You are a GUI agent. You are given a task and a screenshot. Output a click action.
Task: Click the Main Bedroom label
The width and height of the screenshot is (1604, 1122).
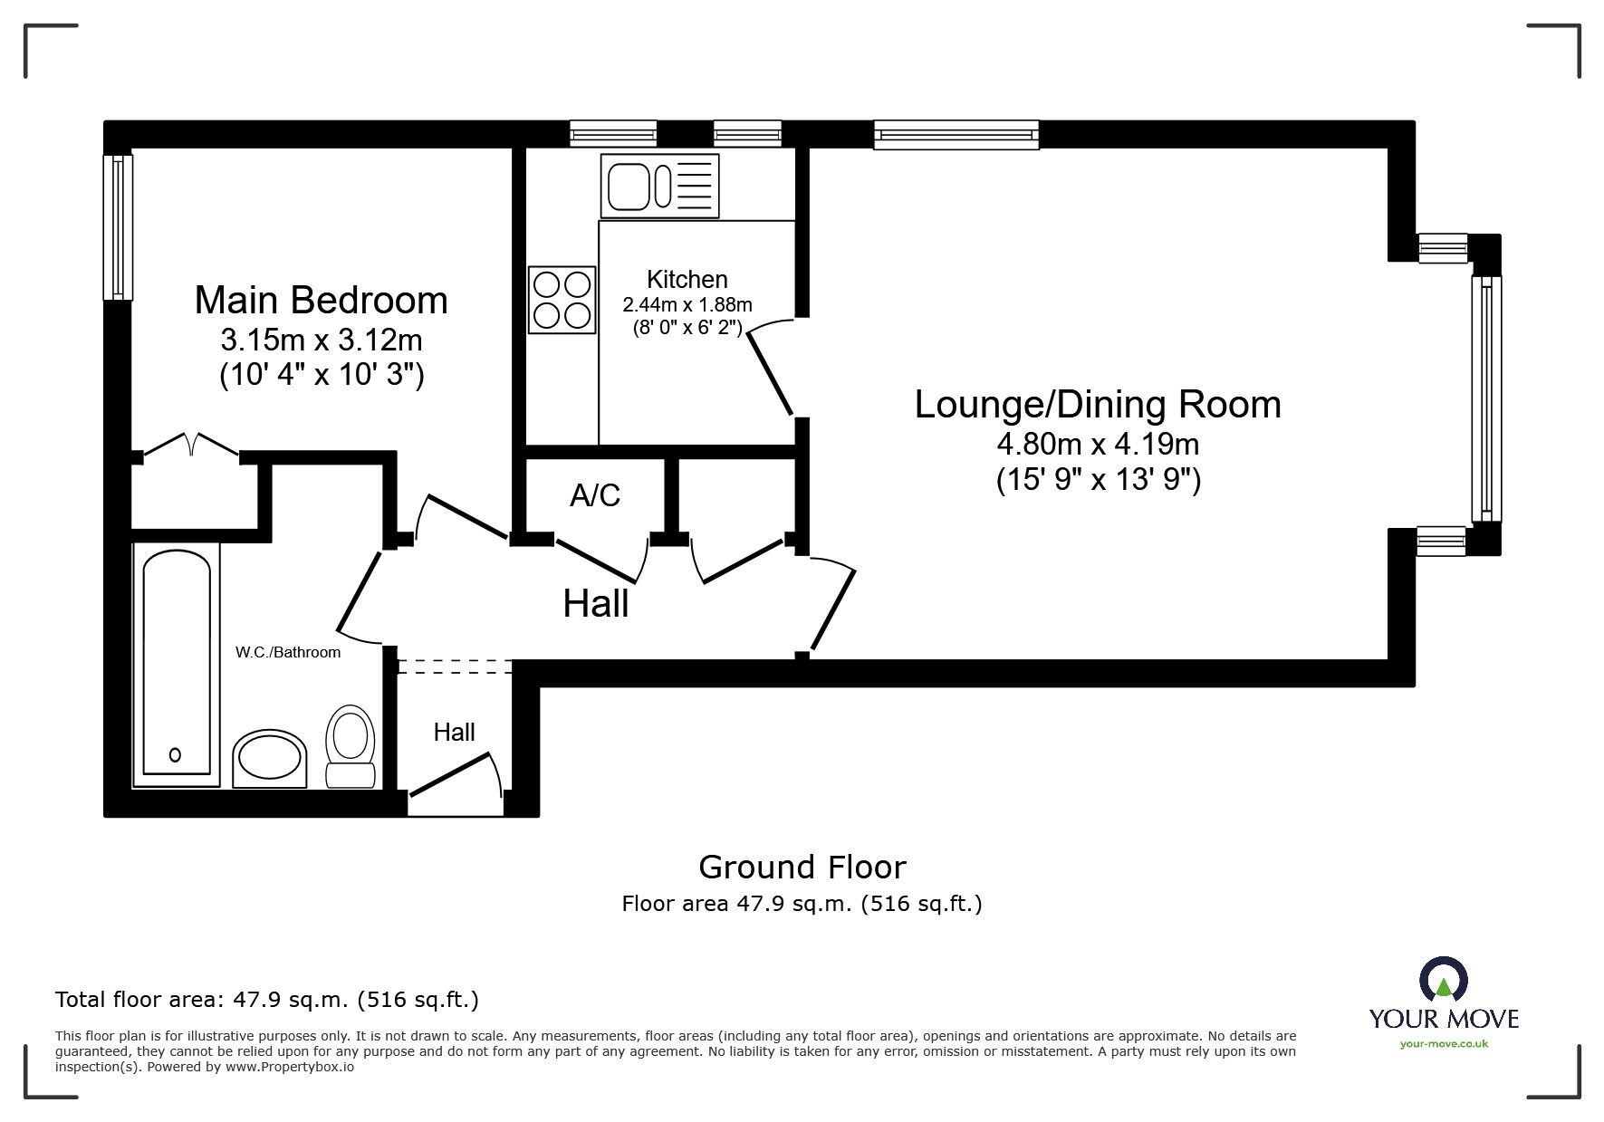pos(321,301)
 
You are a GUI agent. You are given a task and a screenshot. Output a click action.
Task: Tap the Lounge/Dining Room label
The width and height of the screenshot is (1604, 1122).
pos(1097,404)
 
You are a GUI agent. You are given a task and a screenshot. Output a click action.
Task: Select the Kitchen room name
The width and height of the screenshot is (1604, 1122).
pos(687,279)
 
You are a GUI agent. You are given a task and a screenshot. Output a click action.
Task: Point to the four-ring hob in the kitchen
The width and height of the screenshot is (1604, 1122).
pos(562,300)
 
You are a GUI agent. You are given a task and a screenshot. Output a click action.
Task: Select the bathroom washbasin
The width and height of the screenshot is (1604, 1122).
pos(270,759)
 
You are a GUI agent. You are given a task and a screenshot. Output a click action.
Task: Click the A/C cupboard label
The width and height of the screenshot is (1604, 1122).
pos(595,494)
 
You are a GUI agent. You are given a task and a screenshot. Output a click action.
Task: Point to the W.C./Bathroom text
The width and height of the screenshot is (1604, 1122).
pos(288,652)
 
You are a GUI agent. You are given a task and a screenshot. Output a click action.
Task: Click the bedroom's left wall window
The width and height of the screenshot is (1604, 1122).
pos(118,226)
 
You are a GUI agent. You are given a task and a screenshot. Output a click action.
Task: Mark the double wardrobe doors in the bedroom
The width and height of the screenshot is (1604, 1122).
pos(190,446)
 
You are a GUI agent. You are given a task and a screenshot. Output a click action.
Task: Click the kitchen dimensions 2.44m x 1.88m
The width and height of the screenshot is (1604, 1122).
pos(687,305)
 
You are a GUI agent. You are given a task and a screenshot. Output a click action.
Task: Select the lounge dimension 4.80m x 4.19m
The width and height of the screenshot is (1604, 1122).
pos(1097,444)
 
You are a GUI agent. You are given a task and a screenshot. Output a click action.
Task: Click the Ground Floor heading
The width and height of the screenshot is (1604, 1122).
pos(802,868)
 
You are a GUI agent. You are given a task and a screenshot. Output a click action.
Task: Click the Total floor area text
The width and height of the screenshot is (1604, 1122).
pos(266,1000)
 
